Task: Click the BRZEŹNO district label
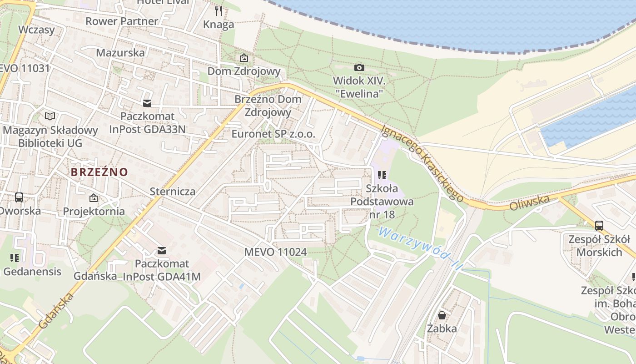(99, 172)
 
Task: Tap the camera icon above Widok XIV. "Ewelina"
(359, 67)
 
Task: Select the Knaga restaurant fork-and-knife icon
(219, 11)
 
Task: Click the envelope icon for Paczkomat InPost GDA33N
(147, 103)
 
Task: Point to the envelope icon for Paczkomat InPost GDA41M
(161, 251)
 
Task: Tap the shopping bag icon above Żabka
(442, 315)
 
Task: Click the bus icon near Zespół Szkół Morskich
(599, 225)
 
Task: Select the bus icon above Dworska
(19, 197)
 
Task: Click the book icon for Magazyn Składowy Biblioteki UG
(50, 116)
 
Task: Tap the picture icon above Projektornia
(94, 198)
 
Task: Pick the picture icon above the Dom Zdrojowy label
(244, 58)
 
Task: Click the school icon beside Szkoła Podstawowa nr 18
(382, 175)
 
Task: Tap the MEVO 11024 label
(275, 252)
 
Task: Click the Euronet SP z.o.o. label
(273, 134)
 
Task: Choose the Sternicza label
(173, 191)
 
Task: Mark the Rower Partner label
(122, 21)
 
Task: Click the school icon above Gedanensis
(15, 258)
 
